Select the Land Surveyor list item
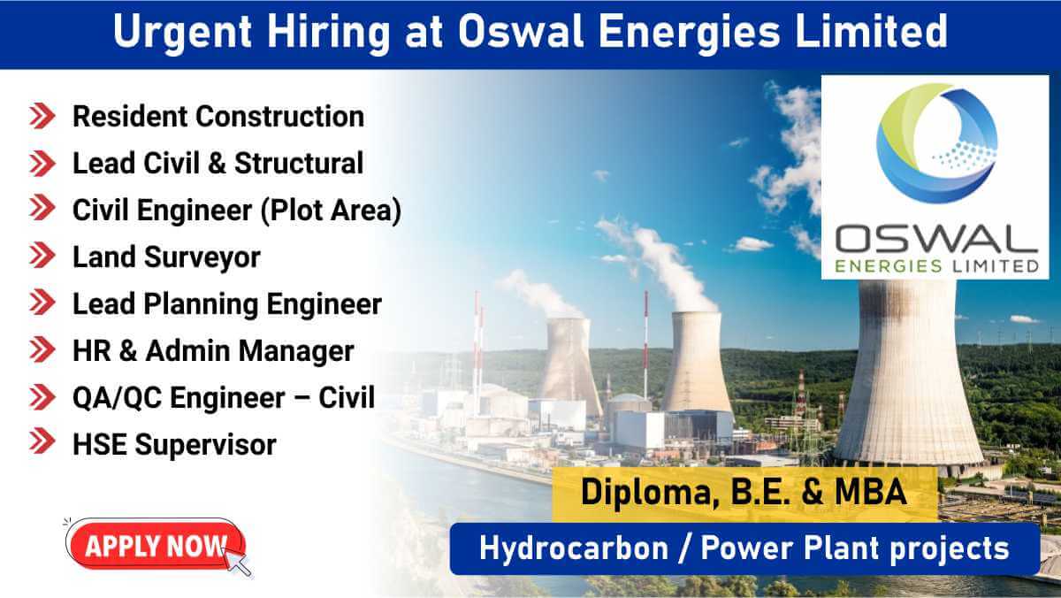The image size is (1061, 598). [166, 257]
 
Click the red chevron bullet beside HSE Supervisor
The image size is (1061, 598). [42, 444]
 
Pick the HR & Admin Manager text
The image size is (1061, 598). [213, 351]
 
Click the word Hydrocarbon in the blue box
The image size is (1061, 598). [573, 548]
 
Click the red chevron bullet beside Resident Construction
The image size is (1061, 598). [42, 116]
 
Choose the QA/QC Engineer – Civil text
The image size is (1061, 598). [224, 398]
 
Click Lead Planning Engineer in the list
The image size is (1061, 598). [227, 304]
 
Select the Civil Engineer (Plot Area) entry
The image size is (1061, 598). [237, 211]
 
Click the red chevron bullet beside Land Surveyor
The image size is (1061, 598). [42, 257]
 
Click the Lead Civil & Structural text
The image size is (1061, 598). [218, 164]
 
